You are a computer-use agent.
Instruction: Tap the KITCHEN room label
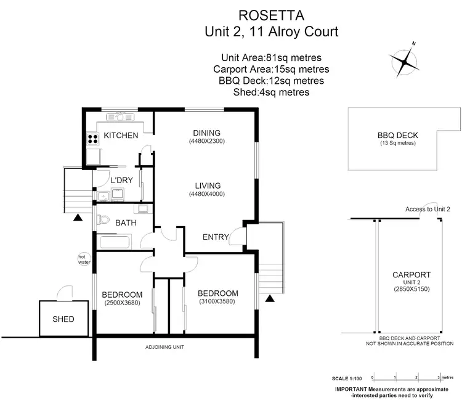point(121,136)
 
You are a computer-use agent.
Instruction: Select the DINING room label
point(206,133)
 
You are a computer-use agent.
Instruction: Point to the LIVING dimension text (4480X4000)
point(206,194)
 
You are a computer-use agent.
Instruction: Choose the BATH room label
point(126,223)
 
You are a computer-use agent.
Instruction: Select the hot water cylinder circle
point(82,259)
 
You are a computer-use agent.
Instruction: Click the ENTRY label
point(216,237)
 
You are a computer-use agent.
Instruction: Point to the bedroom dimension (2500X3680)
point(122,303)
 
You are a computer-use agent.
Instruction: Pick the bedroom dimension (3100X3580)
point(217,301)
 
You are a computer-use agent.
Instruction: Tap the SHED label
point(63,319)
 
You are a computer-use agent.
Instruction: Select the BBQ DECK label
point(397,136)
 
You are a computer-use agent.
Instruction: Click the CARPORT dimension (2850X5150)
point(411,289)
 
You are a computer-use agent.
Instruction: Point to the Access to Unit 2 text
point(428,210)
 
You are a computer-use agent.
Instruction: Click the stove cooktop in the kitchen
point(92,139)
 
